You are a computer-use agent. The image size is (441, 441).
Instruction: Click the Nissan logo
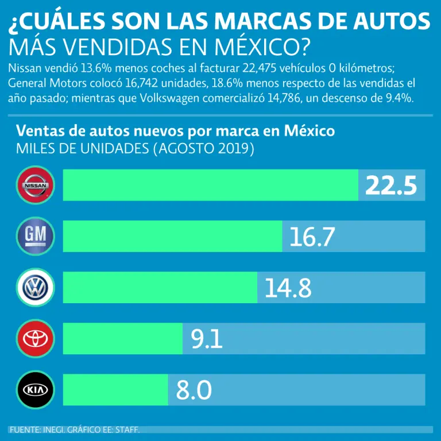coord(36,185)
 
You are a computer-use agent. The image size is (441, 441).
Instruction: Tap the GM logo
coord(36,235)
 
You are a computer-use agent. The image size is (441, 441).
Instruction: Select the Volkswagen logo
coord(36,287)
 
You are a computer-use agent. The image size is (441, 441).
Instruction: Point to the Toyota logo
coord(36,338)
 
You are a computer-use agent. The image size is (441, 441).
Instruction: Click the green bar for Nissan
coord(210,185)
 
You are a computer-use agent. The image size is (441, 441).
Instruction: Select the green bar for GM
coord(172,235)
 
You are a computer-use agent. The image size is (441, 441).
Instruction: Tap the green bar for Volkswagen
coord(160,287)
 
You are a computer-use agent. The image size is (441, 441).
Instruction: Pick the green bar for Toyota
coord(122,338)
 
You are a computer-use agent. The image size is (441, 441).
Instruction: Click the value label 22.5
coord(390,185)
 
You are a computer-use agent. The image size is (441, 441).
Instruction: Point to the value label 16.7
coord(312,236)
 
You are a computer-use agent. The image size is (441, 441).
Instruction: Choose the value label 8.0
coord(194,390)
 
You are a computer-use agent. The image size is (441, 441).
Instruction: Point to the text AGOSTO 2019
coord(204,149)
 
